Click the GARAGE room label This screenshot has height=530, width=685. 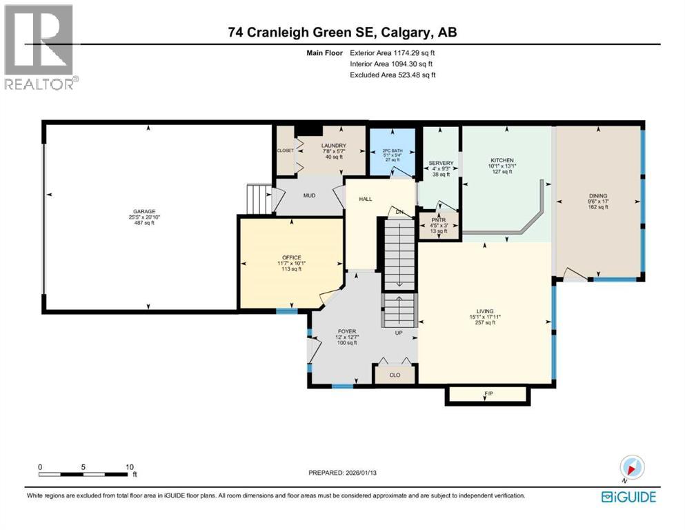click(144, 212)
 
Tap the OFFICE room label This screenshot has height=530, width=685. click(292, 257)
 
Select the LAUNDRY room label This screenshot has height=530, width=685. click(332, 146)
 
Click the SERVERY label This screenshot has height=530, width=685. click(441, 163)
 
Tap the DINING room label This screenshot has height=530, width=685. click(597, 196)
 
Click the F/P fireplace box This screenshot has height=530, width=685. click(488, 393)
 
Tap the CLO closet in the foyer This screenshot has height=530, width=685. click(395, 375)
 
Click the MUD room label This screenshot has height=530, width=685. click(310, 195)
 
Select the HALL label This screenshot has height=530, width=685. click(366, 199)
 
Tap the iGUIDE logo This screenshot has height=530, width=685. click(628, 495)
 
